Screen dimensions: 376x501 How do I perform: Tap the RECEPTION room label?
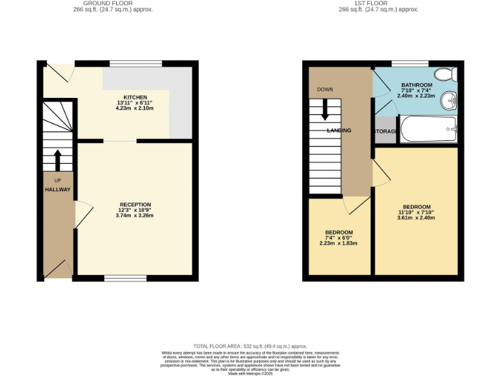point(135,204)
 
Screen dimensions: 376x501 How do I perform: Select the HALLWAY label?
point(57,189)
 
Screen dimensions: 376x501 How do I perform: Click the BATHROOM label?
point(417,86)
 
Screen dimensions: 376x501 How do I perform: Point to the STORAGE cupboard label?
point(386,131)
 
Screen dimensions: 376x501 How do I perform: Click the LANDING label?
point(339,131)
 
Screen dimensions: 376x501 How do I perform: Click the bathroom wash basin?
point(449,101)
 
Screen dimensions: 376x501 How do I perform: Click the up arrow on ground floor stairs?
point(57,159)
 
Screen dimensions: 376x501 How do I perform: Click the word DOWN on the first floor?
point(325,89)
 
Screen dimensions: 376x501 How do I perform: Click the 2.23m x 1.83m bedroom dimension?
point(339,243)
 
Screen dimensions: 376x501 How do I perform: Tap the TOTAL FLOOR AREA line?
point(250,346)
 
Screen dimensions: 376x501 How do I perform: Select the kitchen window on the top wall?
point(136,63)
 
